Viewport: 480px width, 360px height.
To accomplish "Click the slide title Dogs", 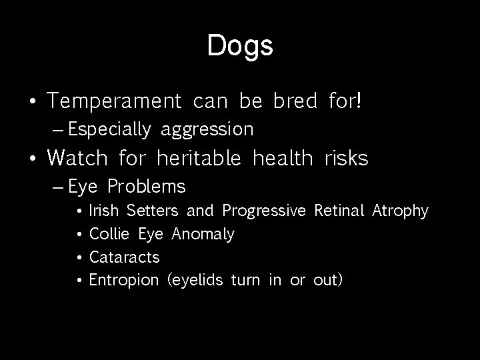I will (240, 46).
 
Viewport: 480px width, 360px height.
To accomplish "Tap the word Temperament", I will (115, 101).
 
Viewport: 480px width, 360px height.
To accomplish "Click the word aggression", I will (207, 129).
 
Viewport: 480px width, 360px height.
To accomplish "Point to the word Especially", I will (109, 129).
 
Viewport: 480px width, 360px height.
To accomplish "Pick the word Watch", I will (78, 158).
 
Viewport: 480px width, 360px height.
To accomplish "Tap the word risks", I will (346, 158).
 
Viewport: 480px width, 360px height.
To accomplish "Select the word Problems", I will (147, 185).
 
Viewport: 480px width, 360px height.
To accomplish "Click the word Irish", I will (103, 211).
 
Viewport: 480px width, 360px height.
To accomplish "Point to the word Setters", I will (152, 211).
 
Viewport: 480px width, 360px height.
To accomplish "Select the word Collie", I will (110, 234).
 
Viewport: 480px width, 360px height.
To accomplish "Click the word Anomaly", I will (203, 235).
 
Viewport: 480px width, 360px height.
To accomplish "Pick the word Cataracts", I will (124, 257).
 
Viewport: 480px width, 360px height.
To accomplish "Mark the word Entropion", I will (124, 280).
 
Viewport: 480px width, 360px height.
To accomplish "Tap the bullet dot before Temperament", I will (33, 102).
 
